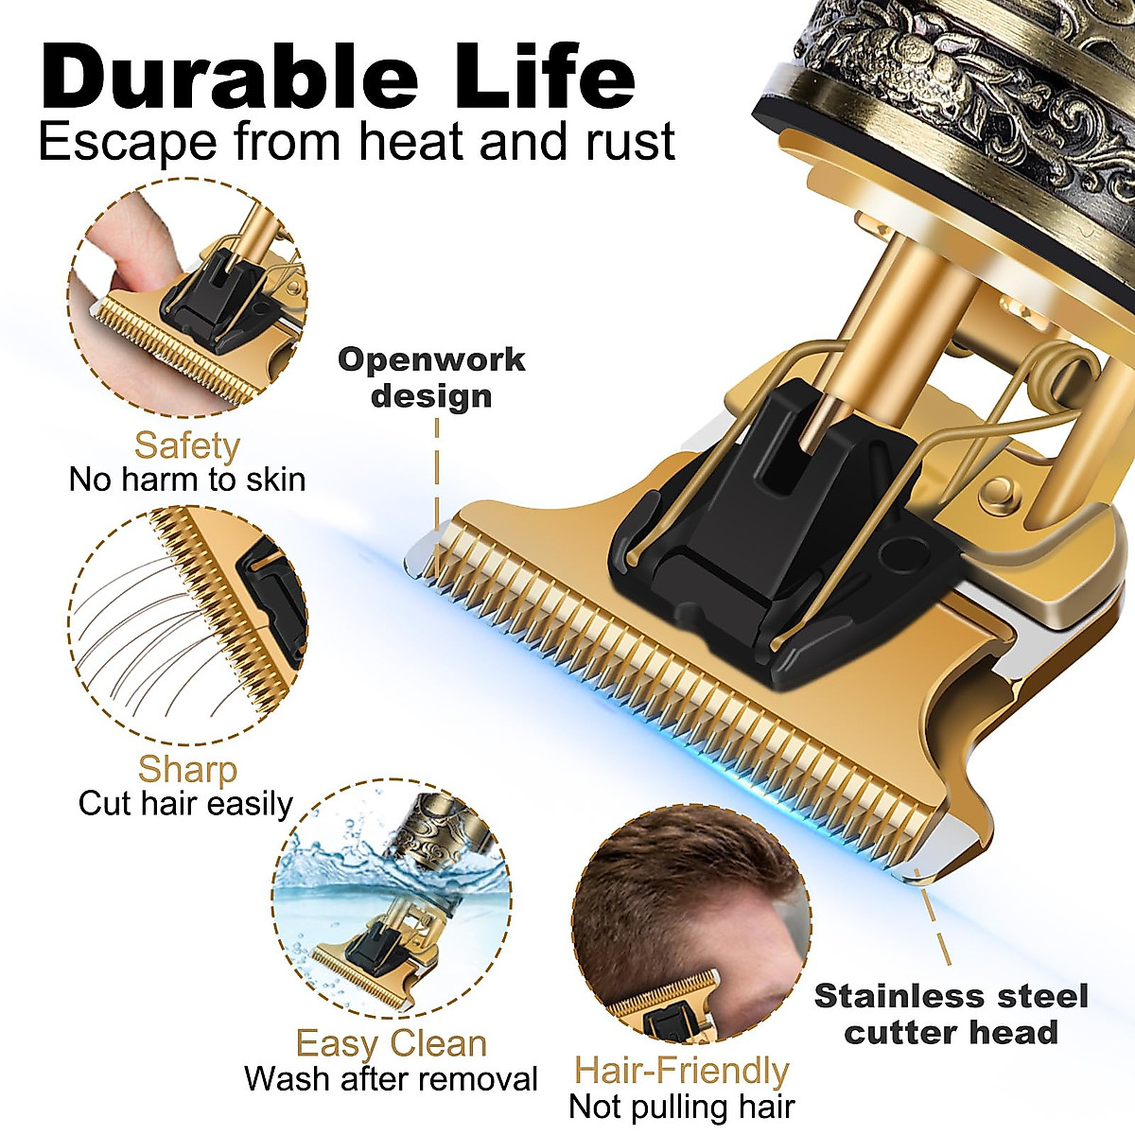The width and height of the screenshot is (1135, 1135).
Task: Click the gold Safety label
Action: point(186,445)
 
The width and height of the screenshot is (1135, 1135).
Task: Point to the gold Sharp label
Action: point(186,769)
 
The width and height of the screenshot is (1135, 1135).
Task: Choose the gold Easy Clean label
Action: point(391,1043)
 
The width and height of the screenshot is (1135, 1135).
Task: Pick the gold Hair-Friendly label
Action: point(681,1071)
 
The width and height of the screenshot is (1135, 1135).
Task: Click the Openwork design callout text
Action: point(431,376)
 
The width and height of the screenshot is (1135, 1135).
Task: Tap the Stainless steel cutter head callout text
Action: point(951,1013)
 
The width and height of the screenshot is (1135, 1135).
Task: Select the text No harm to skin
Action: point(187,480)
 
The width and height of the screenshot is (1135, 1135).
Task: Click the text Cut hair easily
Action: point(185,804)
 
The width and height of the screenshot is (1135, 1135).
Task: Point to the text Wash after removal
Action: point(391,1079)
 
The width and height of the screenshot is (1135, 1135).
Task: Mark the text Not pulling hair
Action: point(681,1106)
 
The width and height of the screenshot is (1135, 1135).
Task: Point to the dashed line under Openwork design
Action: point(437,473)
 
